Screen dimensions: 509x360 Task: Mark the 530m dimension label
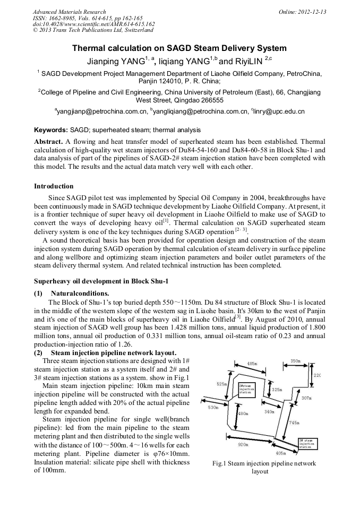pyautogui.click(x=213, y=408)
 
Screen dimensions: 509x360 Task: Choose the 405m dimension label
pyautogui.click(x=281, y=453)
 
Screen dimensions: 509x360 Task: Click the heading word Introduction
pyautogui.click(x=54, y=186)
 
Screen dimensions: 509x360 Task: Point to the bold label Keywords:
pyautogui.click(x=51, y=130)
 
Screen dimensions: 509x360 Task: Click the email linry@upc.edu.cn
pyautogui.click(x=279, y=111)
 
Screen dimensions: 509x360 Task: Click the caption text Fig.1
pyautogui.click(x=220, y=463)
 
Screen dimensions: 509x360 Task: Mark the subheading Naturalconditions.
pyautogui.click(x=80, y=294)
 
